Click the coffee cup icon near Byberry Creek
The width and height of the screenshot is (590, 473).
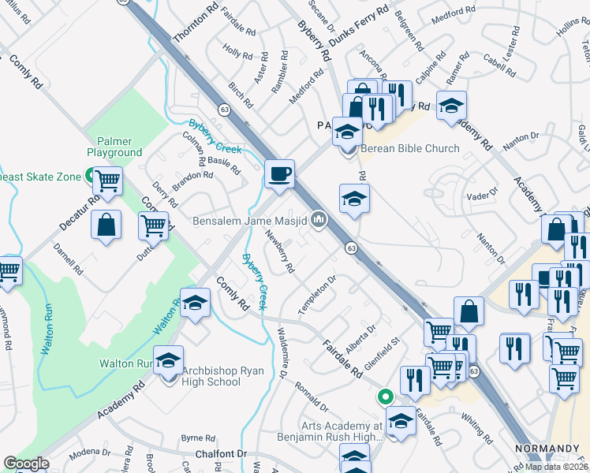coord(278,174)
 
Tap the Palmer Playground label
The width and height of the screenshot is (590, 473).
coord(114,146)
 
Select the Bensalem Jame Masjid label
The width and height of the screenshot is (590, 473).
coord(249,221)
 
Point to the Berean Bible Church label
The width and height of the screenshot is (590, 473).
coord(409,148)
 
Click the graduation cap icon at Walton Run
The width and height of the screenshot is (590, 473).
coord(167,361)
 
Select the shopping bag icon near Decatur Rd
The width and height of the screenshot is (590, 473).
coord(106,225)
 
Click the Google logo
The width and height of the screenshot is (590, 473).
coord(26,464)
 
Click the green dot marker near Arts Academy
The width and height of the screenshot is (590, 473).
coord(385,397)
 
